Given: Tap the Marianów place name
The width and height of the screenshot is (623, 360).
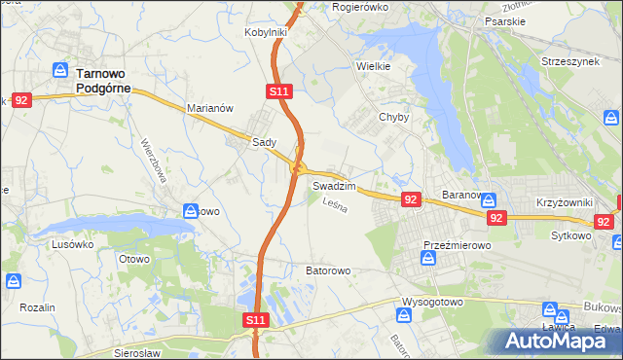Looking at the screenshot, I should (x=209, y=109).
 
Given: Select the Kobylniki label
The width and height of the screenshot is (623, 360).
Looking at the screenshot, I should (x=265, y=32).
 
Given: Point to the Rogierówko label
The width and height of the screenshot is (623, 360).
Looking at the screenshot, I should (x=360, y=7).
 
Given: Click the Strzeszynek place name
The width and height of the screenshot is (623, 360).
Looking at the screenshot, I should (x=570, y=61).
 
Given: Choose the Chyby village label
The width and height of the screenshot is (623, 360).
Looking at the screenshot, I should (x=394, y=117).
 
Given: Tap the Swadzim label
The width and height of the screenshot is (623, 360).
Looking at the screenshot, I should (x=334, y=185).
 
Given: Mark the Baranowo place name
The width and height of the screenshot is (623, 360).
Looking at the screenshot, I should (x=465, y=195).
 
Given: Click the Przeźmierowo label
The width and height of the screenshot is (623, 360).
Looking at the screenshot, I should (x=457, y=246).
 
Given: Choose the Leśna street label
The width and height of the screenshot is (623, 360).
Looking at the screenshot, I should (x=334, y=205).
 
